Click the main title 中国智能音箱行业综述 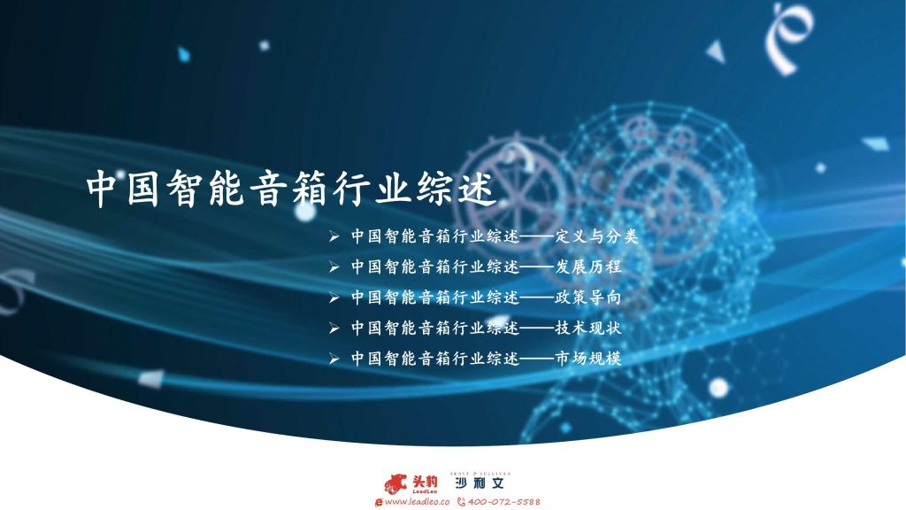click(291, 188)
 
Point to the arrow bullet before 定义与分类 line click(334, 236)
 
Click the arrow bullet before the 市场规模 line click(334, 359)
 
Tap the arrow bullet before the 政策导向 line click(334, 297)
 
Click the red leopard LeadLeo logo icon click(395, 483)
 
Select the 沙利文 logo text click(480, 483)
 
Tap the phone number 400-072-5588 click(503, 501)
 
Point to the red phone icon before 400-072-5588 click(461, 502)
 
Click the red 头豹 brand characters click(425, 481)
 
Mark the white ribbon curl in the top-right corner click(788, 37)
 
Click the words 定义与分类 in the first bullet click(596, 236)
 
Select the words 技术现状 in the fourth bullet click(588, 328)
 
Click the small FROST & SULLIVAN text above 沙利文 click(480, 473)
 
